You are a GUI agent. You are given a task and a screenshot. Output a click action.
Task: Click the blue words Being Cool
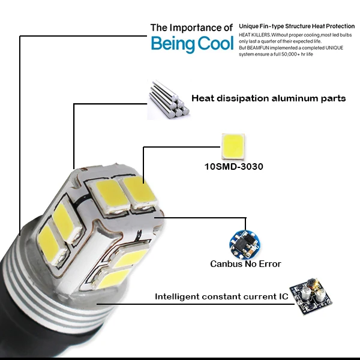point(193,44)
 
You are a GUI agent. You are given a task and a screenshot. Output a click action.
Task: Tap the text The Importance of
point(191,28)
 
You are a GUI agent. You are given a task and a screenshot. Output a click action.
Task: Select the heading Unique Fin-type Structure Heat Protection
point(296,26)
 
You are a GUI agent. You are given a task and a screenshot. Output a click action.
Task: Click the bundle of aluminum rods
point(169,99)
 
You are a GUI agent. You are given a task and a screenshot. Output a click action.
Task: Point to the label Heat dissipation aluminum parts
point(269,98)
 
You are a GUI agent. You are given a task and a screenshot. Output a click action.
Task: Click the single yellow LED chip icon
point(233,146)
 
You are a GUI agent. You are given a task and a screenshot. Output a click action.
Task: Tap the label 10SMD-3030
point(234,167)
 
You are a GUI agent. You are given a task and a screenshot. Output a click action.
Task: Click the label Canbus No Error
point(245,264)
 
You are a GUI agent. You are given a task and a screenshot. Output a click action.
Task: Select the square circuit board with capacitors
point(311,296)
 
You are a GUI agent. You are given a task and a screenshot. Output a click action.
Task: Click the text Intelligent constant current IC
point(221,296)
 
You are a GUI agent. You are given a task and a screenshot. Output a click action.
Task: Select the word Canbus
point(226,264)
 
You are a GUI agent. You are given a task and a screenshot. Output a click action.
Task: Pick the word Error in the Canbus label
point(270,264)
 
